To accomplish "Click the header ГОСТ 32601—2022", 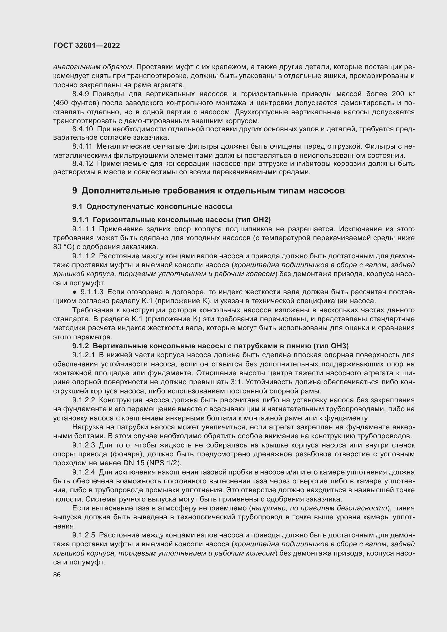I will (86, 45).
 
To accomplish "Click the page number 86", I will (57, 575).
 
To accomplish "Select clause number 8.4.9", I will (80, 94).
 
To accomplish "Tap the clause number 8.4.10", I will (83, 129).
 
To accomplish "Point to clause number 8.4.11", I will (82, 146).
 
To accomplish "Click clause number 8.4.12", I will (83, 164).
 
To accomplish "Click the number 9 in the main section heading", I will (75, 190).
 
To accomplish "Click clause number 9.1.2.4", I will (84, 472).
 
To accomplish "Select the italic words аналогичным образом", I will (93, 67).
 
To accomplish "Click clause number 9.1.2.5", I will (84, 535).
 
